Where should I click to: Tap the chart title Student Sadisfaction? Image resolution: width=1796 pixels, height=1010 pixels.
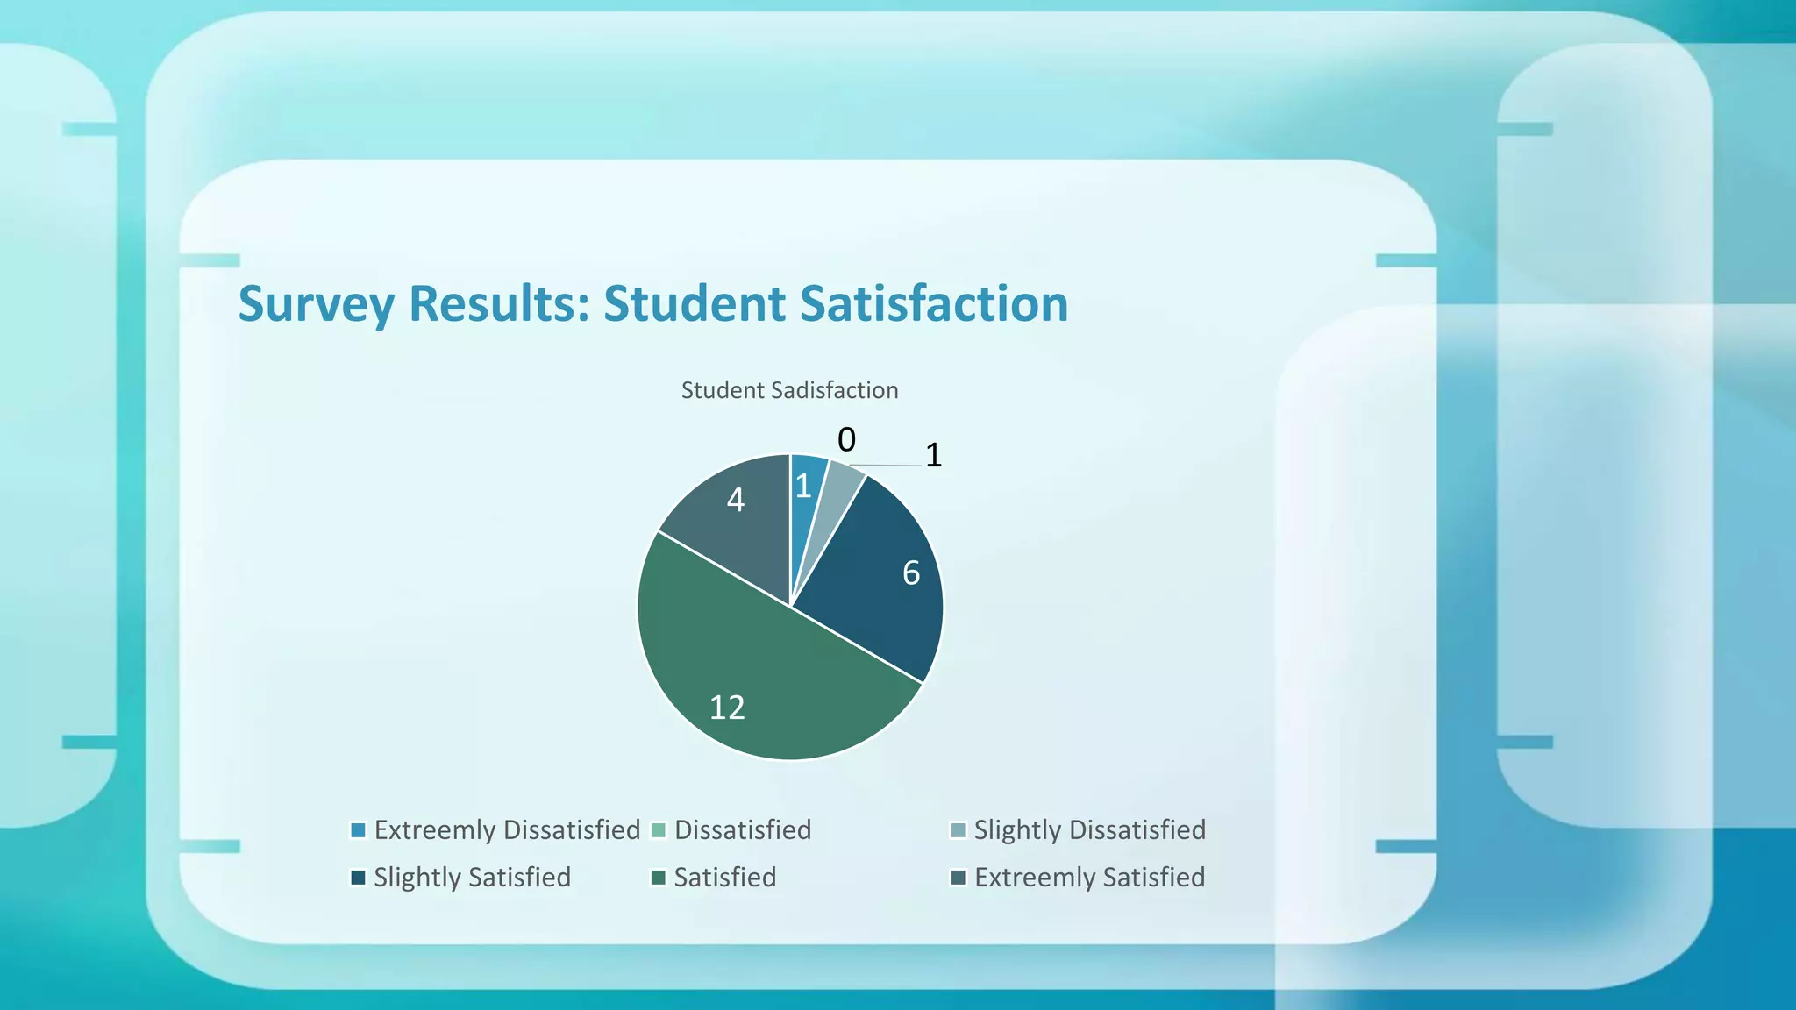point(789,390)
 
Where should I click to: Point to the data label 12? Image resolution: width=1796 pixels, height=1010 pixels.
point(727,708)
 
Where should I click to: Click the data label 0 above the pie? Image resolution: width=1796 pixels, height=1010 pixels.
point(846,439)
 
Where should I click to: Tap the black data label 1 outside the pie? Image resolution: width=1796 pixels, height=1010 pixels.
point(933,455)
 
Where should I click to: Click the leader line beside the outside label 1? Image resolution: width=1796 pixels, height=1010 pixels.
point(886,465)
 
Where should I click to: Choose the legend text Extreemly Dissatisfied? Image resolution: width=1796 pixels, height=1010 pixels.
point(507,829)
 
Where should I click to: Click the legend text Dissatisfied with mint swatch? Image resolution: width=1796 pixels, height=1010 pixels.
point(742,829)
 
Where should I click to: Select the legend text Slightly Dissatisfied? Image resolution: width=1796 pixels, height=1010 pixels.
point(1089,829)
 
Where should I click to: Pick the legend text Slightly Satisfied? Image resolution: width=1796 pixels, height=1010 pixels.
point(472,877)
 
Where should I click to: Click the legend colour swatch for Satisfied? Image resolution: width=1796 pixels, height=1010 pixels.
point(659,878)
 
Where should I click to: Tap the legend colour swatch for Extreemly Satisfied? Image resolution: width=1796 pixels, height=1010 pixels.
point(959,878)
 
